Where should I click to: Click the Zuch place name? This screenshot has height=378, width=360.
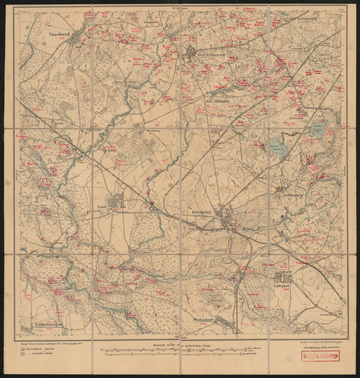point(100,205)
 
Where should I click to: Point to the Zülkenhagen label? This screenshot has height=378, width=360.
point(42,326)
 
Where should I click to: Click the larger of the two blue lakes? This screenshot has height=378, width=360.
point(278,149)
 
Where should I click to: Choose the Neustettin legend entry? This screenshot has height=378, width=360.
point(47,354)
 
